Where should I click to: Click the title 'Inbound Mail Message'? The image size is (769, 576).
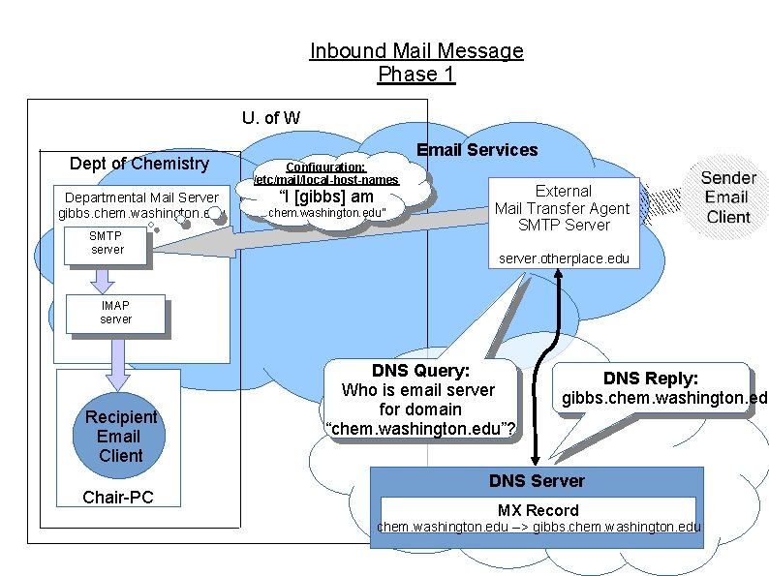pos(416,51)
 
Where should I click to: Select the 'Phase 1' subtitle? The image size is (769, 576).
pos(416,75)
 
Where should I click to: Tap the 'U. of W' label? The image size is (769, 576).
pos(271,118)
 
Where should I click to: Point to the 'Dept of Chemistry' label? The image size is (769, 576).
pos(139,164)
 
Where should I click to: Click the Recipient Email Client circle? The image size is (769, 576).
pos(120,437)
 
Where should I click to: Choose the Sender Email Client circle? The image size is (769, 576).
pos(728,197)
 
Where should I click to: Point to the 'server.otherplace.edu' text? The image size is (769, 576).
pos(564,259)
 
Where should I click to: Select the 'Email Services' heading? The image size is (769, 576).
pos(477,150)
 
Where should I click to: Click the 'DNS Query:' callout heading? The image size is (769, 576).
pos(420,371)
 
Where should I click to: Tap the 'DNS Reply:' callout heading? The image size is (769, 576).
pos(651,379)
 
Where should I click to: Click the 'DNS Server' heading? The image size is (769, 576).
pos(537,481)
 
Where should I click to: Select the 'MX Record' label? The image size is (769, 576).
pos(538,510)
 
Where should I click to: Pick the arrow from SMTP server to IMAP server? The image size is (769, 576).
pos(102,281)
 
